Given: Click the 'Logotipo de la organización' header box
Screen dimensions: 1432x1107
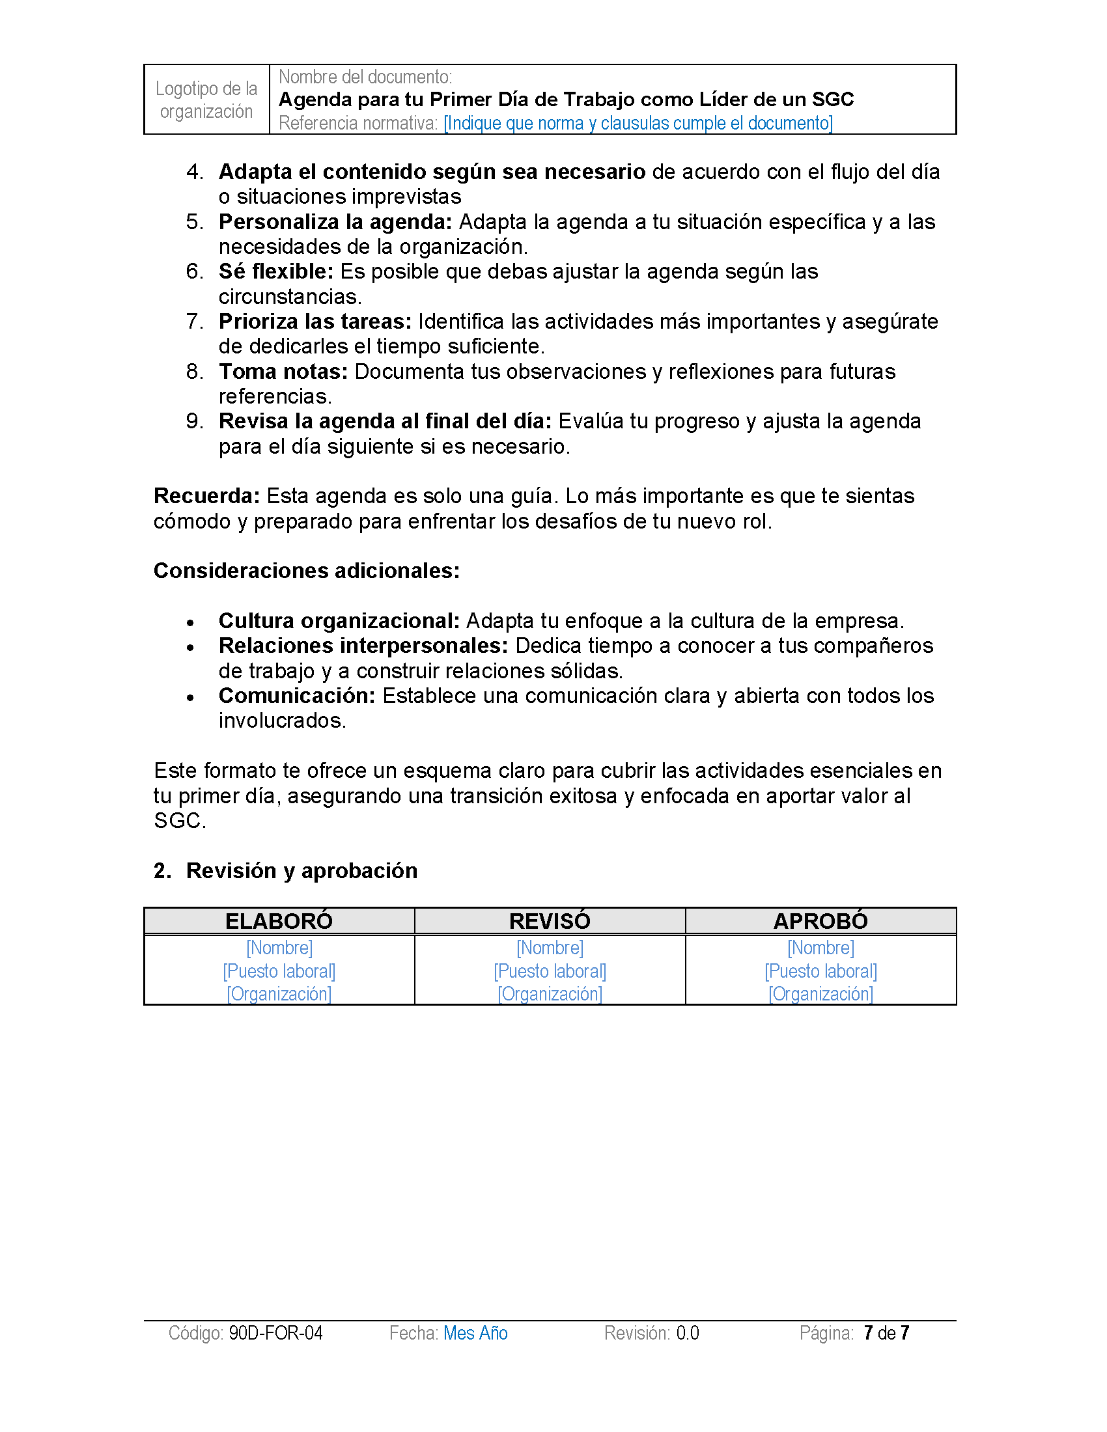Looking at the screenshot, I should [x=206, y=100].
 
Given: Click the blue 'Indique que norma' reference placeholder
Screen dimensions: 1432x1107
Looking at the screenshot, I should [x=638, y=123].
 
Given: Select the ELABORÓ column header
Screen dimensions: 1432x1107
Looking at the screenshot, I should [x=279, y=921].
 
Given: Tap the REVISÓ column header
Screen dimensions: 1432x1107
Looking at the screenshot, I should [x=550, y=921].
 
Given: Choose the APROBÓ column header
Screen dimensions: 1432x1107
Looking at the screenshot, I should [x=820, y=921].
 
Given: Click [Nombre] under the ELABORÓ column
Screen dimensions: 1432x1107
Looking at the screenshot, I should [x=279, y=948].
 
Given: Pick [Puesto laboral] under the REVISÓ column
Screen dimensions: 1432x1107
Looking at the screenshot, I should [x=550, y=971].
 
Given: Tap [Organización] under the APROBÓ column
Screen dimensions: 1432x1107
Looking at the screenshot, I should [x=820, y=994].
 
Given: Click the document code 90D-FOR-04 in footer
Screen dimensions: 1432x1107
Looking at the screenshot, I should [x=275, y=1333].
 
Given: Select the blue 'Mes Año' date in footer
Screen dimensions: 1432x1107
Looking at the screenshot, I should [x=475, y=1333].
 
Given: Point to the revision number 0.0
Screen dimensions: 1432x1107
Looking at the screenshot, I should [x=687, y=1333].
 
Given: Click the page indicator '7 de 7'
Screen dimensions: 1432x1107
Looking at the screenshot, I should [x=886, y=1333].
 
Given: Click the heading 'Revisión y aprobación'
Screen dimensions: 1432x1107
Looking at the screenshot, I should [x=301, y=871].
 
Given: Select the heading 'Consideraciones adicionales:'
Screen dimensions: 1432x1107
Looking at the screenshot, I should [x=306, y=571].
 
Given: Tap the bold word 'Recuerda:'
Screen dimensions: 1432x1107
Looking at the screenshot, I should [x=206, y=497].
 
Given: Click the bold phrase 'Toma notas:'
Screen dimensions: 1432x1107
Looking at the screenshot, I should [x=283, y=372].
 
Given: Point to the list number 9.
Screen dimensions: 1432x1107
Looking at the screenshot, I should [x=194, y=422].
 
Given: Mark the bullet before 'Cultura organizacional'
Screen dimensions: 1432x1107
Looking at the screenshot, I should [x=190, y=623].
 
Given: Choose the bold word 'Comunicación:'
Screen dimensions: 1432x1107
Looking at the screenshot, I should [x=296, y=696].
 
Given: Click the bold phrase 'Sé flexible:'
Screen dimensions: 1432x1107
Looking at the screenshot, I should [x=275, y=271].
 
